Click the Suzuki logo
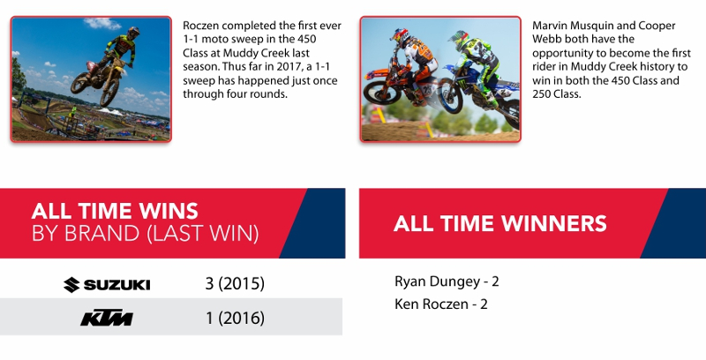click(x=107, y=285)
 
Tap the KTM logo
click(x=107, y=319)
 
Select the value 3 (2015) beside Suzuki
click(x=235, y=283)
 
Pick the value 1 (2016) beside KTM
click(x=235, y=319)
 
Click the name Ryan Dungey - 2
click(x=447, y=281)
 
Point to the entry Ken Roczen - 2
click(x=440, y=304)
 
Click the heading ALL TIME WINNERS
click(x=499, y=223)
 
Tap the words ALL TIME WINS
click(x=115, y=211)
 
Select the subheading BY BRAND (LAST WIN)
click(x=146, y=233)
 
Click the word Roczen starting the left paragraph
click(x=201, y=26)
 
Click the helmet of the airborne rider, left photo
click(x=133, y=33)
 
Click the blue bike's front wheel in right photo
click(x=451, y=96)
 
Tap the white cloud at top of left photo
click(x=102, y=23)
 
